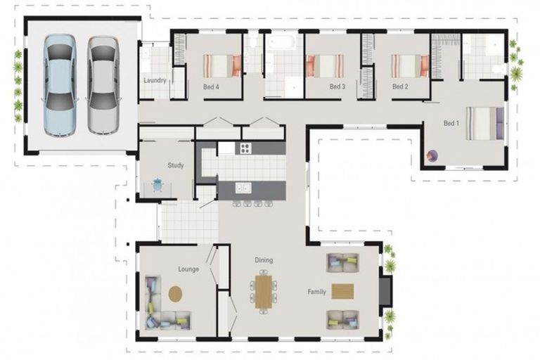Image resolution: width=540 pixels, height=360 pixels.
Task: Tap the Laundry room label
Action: [155, 80]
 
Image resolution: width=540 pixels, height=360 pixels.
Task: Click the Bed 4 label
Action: [211, 87]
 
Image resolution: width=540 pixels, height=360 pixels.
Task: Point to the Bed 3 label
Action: [337, 87]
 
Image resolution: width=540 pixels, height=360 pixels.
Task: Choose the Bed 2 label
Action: [399, 87]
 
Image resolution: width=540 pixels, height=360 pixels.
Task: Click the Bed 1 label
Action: [451, 123]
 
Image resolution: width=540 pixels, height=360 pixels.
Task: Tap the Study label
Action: [176, 166]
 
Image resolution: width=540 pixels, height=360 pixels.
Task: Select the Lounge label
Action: [188, 269]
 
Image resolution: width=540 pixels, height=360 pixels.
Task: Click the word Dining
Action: [264, 260]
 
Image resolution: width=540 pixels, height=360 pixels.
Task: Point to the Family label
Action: [316, 291]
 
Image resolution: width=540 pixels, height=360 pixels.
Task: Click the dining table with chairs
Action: [264, 291]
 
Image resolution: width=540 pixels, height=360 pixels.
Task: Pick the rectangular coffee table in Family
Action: [342, 291]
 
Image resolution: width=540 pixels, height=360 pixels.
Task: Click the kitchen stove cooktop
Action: [245, 148]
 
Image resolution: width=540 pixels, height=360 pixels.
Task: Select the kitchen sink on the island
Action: [243, 187]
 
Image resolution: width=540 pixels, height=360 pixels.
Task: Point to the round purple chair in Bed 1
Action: [432, 155]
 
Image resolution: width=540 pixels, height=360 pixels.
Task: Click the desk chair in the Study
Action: [157, 185]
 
